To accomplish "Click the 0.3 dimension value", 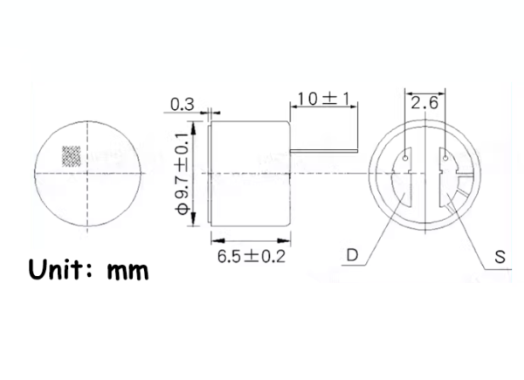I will [x=182, y=104].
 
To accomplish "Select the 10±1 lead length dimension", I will [x=320, y=99].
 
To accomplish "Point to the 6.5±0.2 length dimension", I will [x=250, y=256].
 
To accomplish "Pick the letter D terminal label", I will [x=352, y=256].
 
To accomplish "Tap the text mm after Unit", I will [x=129, y=271].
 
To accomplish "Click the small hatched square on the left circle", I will [x=70, y=155].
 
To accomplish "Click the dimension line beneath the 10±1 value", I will [x=321, y=107].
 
